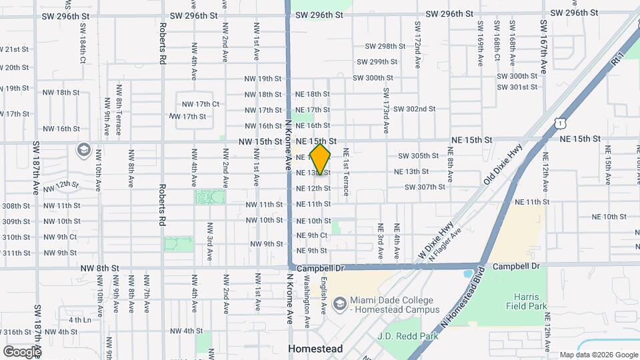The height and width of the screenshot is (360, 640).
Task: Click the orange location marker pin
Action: (321, 159)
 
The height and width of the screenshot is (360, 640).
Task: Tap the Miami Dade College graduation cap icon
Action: (339, 304)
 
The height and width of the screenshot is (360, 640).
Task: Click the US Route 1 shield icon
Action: (560, 123)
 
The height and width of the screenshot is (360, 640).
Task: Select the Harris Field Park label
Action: (531, 301)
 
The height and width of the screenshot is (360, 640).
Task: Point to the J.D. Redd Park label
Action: (408, 336)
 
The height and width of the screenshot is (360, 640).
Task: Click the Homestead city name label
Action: (315, 349)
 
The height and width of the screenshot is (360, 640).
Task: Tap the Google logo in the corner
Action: (21, 351)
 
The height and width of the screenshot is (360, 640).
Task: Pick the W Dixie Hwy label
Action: (436, 241)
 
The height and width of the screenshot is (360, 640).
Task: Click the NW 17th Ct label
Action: (200, 104)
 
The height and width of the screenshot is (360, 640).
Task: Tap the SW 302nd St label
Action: (414, 109)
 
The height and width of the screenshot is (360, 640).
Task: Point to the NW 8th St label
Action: (99, 268)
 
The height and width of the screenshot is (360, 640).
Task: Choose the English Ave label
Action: (324, 296)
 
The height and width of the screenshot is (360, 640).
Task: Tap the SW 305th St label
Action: (418, 155)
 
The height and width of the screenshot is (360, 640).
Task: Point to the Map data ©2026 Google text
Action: (599, 355)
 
